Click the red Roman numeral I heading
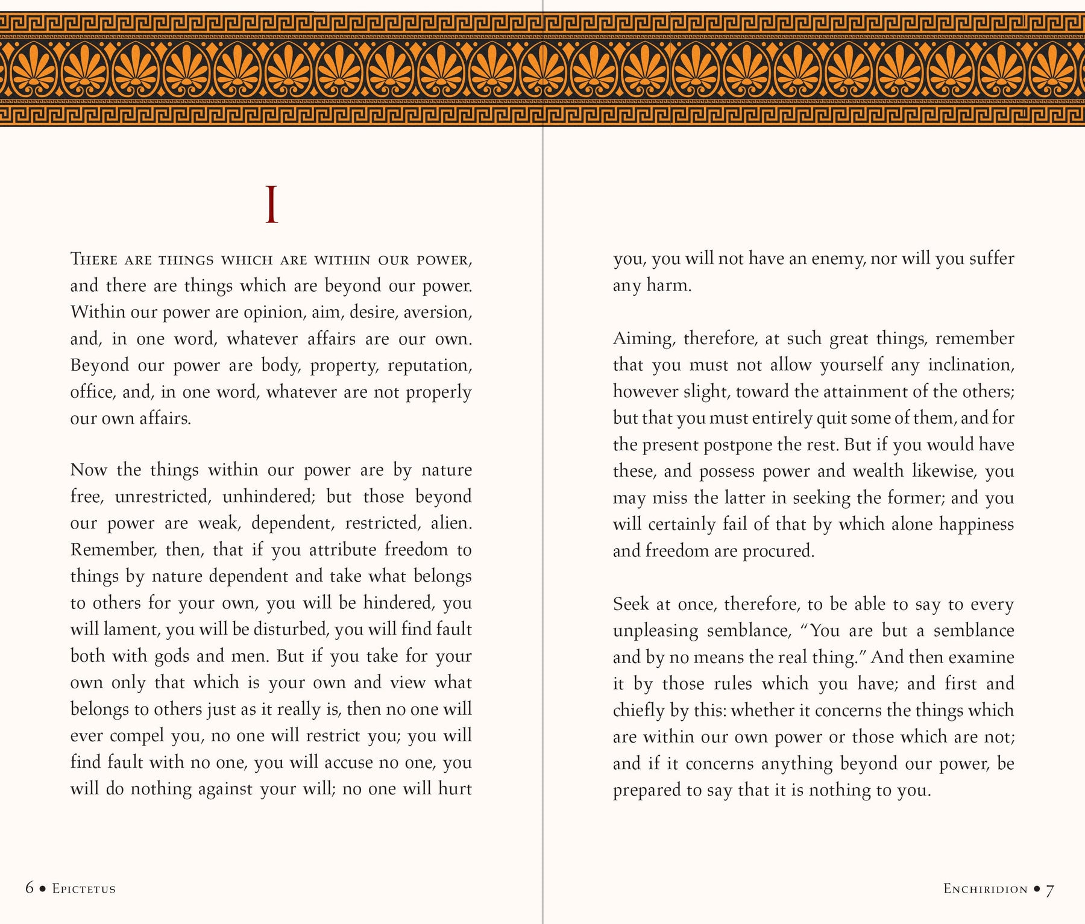(272, 206)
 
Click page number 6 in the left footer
(30, 888)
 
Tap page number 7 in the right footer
(1049, 890)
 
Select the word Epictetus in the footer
(84, 888)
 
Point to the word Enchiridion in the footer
(985, 888)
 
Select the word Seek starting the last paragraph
(631, 604)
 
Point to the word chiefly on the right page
(638, 711)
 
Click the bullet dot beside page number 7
(1037, 888)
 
